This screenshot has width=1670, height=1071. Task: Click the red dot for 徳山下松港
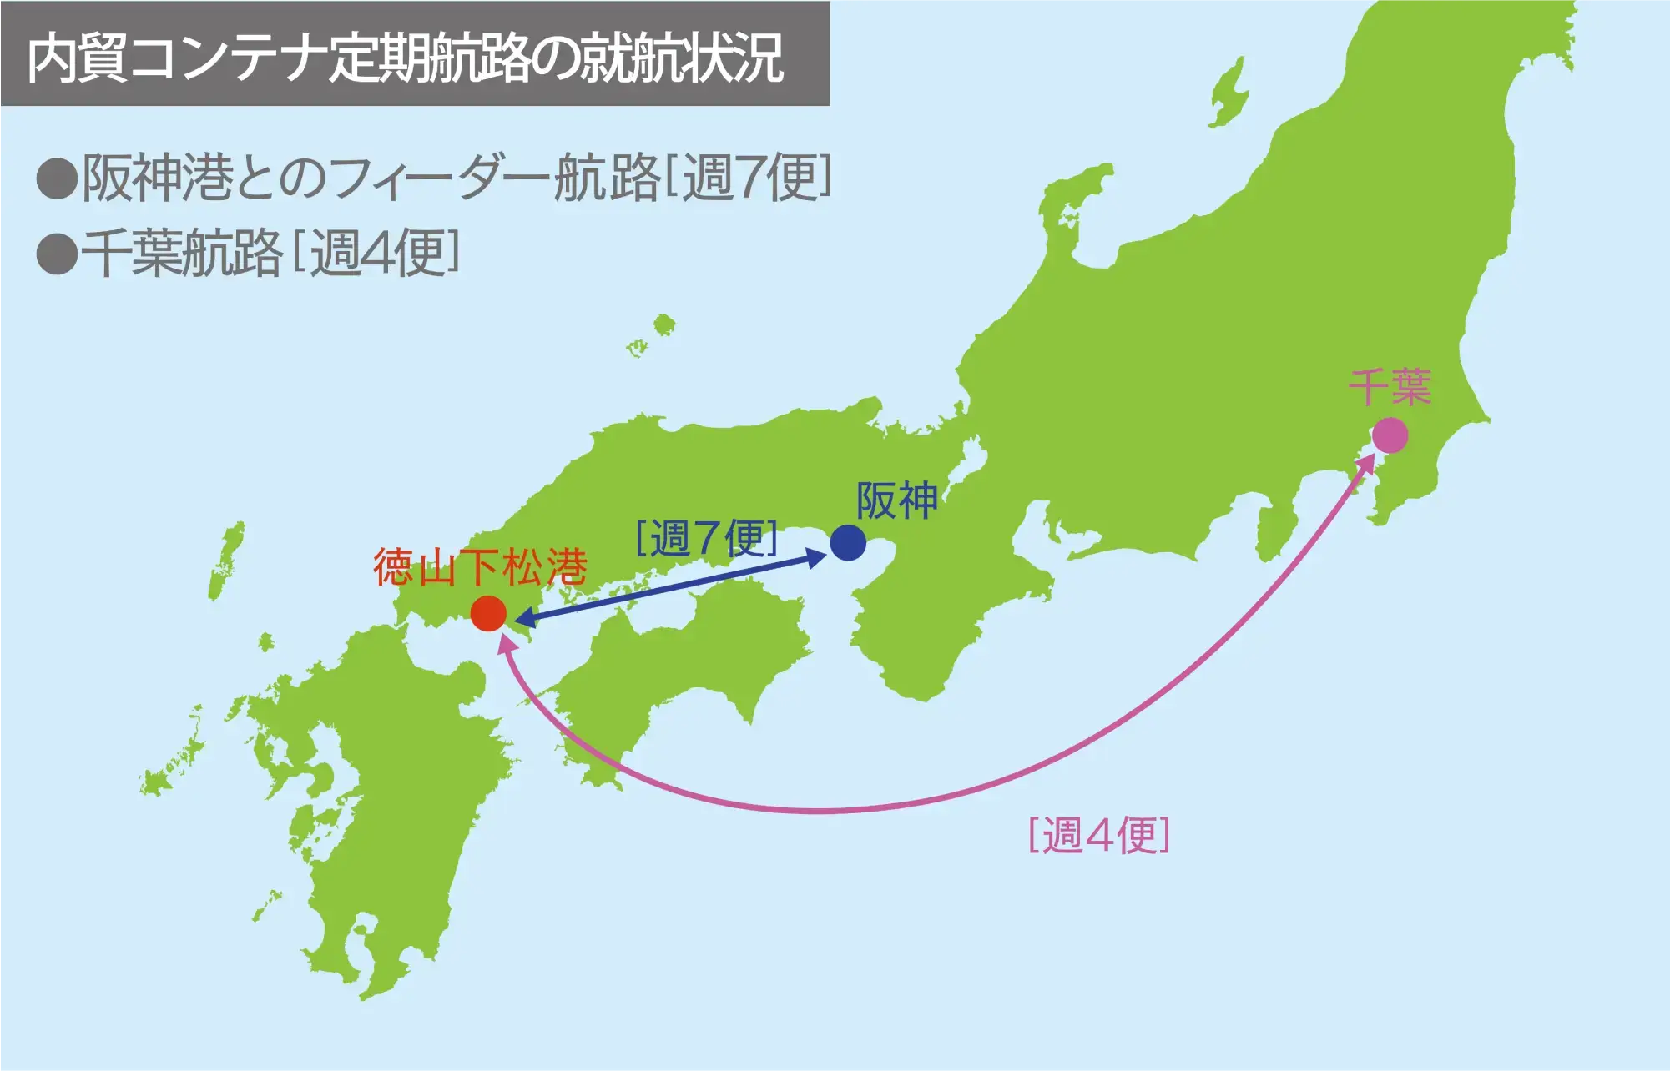click(488, 614)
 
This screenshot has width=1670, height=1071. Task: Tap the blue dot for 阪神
click(848, 543)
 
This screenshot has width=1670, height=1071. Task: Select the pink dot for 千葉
click(1390, 435)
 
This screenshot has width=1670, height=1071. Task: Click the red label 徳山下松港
click(480, 567)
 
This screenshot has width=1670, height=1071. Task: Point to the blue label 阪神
click(897, 501)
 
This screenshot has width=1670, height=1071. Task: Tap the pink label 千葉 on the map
click(1390, 388)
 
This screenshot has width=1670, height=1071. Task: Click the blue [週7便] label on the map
click(707, 538)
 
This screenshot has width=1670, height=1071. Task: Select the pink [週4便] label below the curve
click(1099, 835)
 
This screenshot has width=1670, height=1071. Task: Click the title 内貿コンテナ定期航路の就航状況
click(405, 58)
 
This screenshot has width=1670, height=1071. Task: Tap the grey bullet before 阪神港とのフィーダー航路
click(57, 178)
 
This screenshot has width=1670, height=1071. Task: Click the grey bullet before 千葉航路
click(57, 254)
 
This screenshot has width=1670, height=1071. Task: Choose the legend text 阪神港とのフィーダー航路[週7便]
click(456, 178)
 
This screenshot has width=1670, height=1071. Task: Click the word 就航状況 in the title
click(682, 58)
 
